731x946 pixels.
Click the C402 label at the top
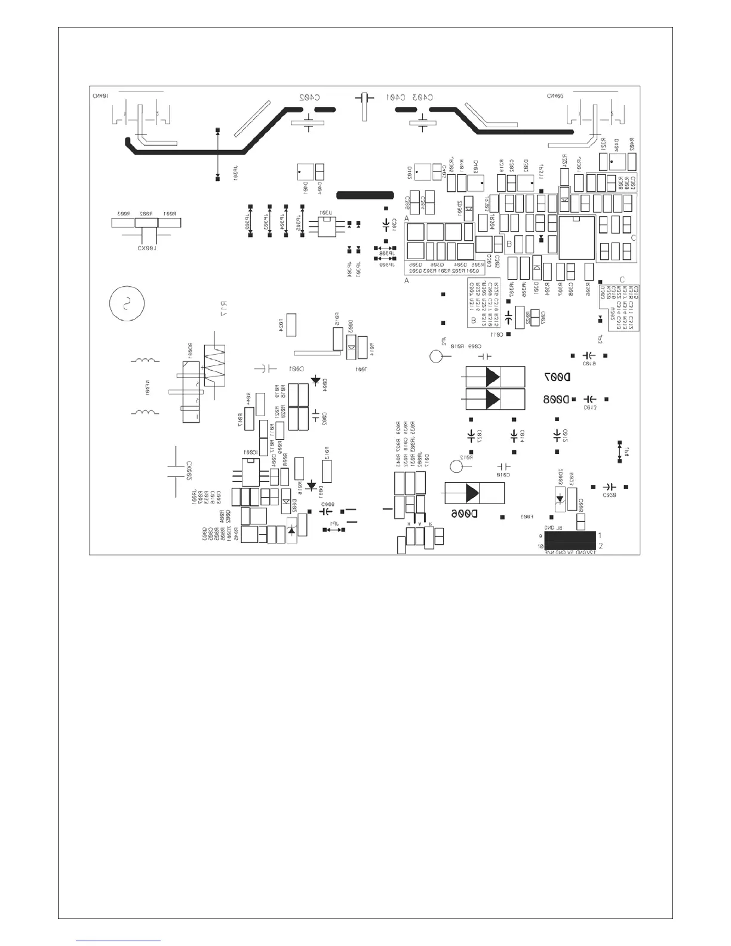tap(310, 97)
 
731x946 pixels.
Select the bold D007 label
tap(557, 377)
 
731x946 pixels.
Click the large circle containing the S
tap(127, 304)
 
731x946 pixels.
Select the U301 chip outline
tap(325, 228)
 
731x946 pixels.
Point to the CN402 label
tap(555, 96)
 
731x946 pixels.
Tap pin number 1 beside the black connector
tap(600, 535)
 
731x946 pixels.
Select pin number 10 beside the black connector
tap(540, 546)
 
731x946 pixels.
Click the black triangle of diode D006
tap(472, 493)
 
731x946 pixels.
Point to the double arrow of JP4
tap(619, 451)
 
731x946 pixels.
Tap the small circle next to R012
tap(459, 466)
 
